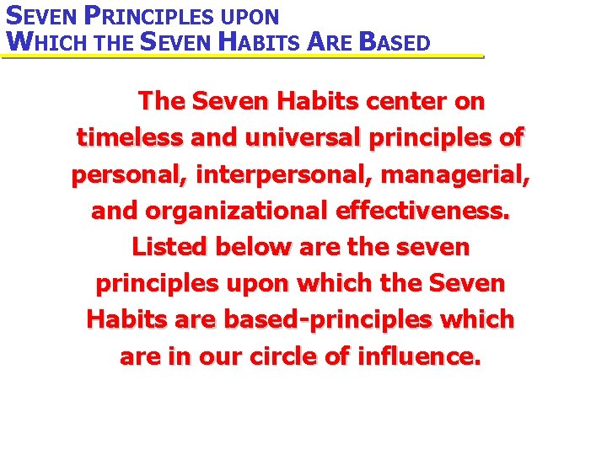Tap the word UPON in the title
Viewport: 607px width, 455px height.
(x=247, y=17)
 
